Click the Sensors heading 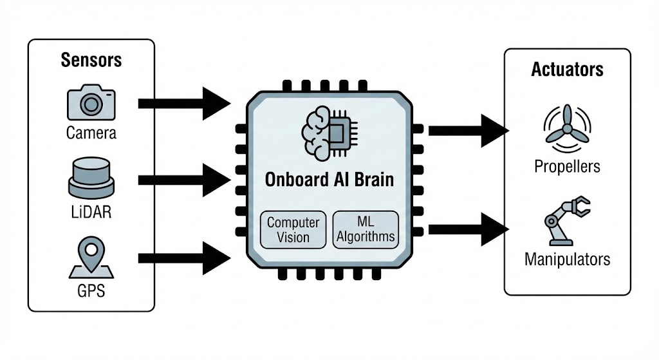91,61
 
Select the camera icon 91,104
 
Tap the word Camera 91,133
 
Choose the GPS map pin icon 91,255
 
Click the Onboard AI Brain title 329,179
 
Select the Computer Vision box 293,230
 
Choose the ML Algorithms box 365,230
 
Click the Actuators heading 567,70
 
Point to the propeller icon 566,127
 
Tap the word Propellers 567,166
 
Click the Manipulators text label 567,260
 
